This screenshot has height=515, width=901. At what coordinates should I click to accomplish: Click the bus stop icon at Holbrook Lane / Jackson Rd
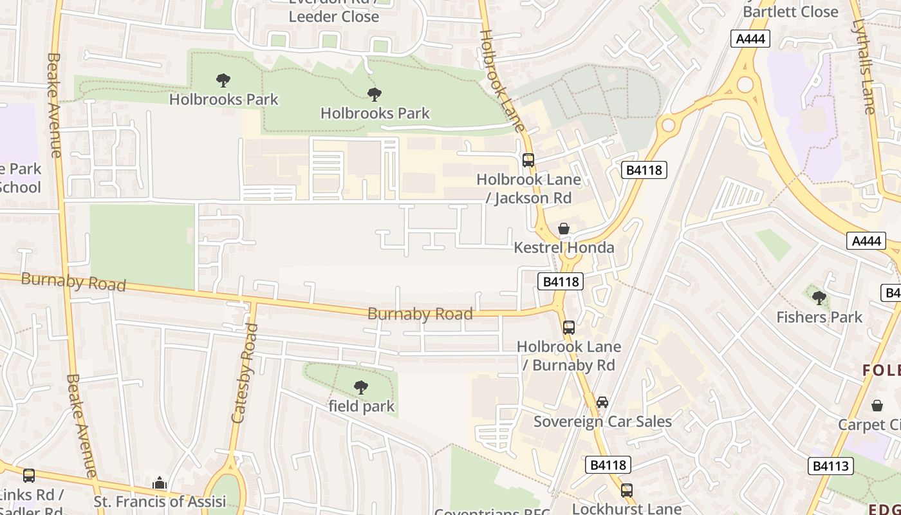(528, 160)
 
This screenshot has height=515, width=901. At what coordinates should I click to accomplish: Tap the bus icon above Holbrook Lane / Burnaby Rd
(568, 327)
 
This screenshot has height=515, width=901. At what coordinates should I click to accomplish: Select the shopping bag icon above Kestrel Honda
(564, 229)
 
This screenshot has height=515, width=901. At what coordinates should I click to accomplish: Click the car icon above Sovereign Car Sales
(602, 402)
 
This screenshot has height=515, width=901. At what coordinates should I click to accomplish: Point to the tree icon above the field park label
(361, 388)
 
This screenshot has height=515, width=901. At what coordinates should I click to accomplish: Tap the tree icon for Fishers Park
(819, 298)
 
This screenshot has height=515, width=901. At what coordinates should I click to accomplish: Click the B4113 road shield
(830, 466)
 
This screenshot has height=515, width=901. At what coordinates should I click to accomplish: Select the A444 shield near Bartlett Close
(750, 39)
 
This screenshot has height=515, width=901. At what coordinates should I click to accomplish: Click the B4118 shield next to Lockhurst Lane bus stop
(608, 465)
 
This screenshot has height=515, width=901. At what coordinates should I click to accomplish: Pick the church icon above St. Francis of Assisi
(160, 483)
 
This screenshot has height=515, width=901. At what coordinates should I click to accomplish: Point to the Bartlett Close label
(790, 12)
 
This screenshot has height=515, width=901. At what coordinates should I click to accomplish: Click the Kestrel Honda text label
(564, 248)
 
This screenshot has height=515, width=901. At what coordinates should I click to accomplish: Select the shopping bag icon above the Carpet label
(877, 406)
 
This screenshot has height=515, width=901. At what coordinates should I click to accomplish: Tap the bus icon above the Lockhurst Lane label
(626, 491)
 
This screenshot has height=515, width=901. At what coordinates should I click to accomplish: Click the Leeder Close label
(333, 17)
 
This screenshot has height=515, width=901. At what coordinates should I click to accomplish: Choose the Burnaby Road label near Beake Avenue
(73, 282)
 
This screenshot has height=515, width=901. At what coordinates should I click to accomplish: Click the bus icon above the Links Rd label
(29, 476)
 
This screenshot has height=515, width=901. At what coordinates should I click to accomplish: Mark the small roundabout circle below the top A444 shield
(745, 84)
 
